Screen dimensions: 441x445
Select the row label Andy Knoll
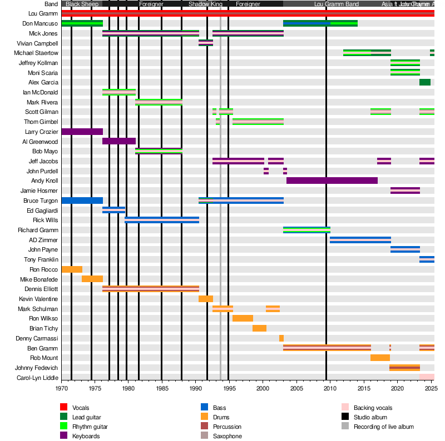point(44,181)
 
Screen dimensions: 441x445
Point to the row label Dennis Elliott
point(41,289)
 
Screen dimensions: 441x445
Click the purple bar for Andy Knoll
point(332,181)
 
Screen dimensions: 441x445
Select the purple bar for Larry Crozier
point(82,132)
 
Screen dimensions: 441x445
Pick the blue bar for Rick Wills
point(162,220)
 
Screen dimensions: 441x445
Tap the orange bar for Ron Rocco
point(72,269)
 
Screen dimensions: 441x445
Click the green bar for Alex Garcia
point(425,82)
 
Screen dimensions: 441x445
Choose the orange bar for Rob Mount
point(380,358)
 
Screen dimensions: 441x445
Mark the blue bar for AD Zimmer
point(360,240)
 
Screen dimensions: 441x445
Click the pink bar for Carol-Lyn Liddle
point(427,377)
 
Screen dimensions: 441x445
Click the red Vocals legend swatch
point(64,408)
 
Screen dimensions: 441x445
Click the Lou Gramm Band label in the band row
point(337,4)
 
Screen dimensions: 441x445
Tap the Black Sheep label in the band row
point(82,4)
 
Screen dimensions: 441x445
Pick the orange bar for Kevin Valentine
point(206,299)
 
